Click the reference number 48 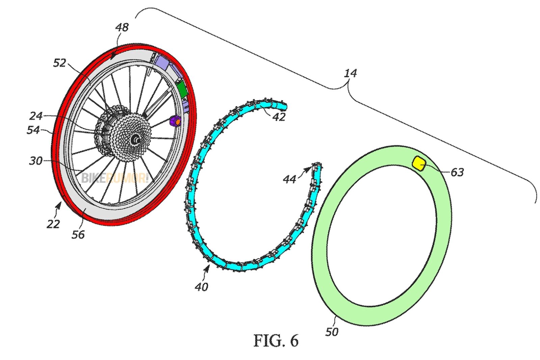point(122,27)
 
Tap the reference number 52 point(59,63)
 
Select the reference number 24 point(36,116)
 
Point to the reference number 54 point(33,130)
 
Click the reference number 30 point(36,161)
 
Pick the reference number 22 point(53,224)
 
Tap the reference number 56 point(78,234)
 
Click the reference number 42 point(278,117)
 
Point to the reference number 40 point(201,287)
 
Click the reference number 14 point(350,73)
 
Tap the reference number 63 point(457,172)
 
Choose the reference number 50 point(332,332)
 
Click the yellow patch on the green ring point(419,164)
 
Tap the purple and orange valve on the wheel point(175,121)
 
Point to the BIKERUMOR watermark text point(115,178)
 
